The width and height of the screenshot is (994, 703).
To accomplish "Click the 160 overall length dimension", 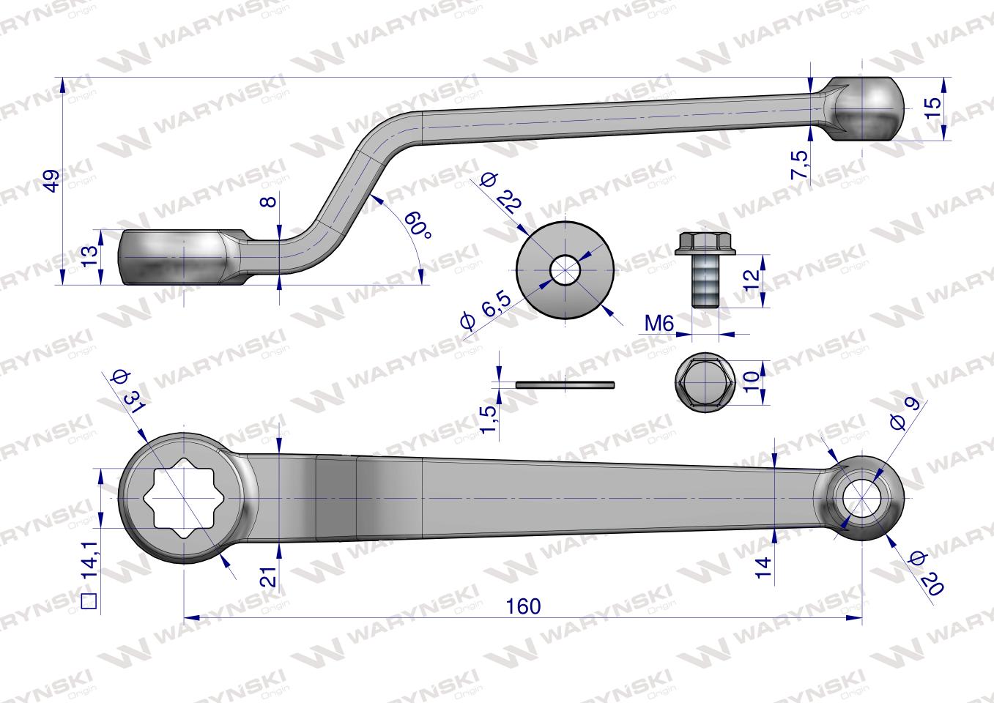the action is pos(524,606).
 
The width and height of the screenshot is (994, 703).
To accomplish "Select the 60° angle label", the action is pos(417,224).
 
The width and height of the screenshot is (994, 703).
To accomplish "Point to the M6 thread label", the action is pos(659,324).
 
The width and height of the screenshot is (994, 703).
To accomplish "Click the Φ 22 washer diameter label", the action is pos(501,192).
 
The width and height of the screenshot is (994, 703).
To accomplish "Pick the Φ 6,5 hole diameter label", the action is pos(485,310).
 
